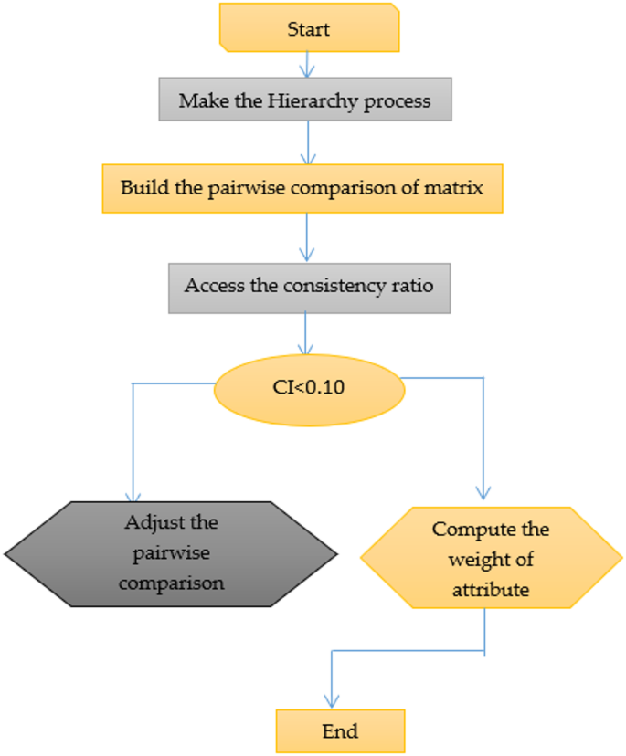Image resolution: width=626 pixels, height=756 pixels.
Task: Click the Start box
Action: (x=308, y=28)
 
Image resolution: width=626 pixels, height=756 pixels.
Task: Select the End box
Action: (x=340, y=731)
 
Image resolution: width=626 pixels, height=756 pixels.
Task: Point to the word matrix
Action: (x=461, y=188)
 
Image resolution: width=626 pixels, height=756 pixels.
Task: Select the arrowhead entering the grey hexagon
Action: (x=134, y=494)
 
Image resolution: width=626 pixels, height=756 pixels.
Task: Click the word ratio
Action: (x=412, y=285)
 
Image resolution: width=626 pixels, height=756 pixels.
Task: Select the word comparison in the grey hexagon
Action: (x=171, y=583)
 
